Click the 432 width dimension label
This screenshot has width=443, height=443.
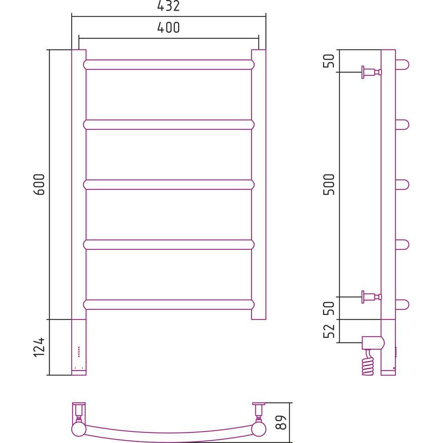click(168, 6)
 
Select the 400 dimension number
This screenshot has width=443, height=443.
click(168, 27)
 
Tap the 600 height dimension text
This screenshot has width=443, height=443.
click(39, 184)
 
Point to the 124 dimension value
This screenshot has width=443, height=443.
click(39, 347)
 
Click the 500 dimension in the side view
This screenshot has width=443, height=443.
click(329, 184)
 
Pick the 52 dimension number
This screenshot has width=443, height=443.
click(329, 331)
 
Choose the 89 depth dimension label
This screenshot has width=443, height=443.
click(281, 422)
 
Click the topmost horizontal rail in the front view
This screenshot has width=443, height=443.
click(169, 65)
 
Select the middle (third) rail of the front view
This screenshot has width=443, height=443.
click(169, 184)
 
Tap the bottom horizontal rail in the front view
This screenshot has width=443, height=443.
click(169, 305)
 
